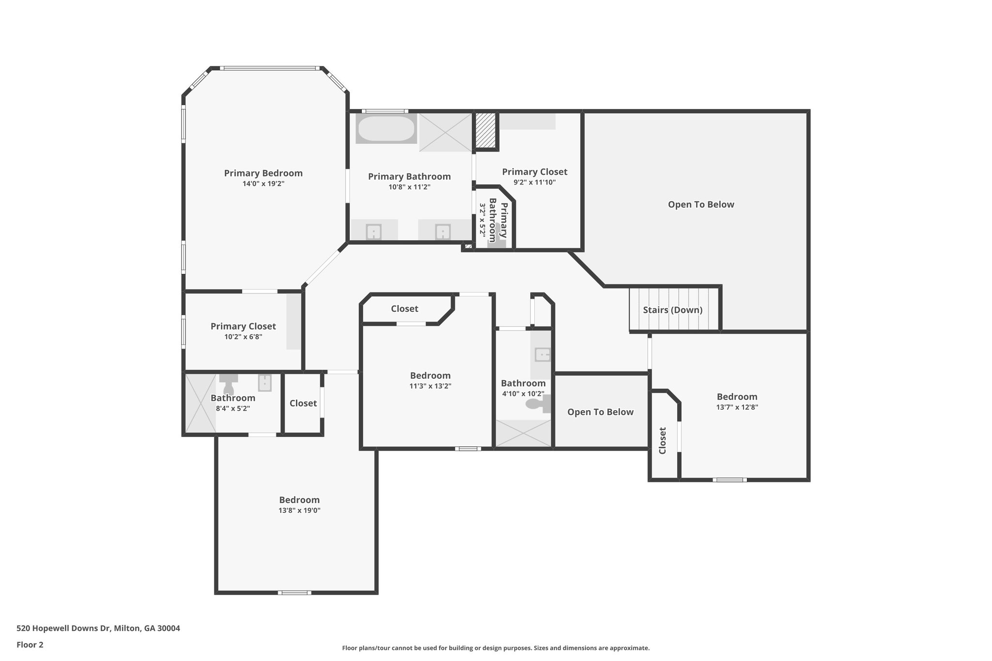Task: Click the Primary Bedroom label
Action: coord(263,173)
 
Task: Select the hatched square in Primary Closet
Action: coord(485,131)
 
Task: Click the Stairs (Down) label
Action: coord(672,310)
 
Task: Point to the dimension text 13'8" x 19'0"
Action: coord(299,510)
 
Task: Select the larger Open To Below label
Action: coord(700,204)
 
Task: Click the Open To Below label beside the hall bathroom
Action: coord(600,412)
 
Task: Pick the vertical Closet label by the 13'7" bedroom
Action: coord(663,440)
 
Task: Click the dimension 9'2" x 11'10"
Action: coord(534,183)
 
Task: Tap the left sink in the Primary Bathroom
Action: coord(373,231)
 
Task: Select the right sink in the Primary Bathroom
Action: coord(443,231)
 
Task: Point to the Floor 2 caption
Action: coord(30,645)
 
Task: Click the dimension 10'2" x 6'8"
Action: coord(243,337)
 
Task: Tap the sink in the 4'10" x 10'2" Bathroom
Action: coord(542,354)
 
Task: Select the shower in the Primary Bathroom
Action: coord(445,132)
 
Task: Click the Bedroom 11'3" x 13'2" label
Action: coord(430,376)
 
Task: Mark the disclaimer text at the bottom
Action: coord(496,648)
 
